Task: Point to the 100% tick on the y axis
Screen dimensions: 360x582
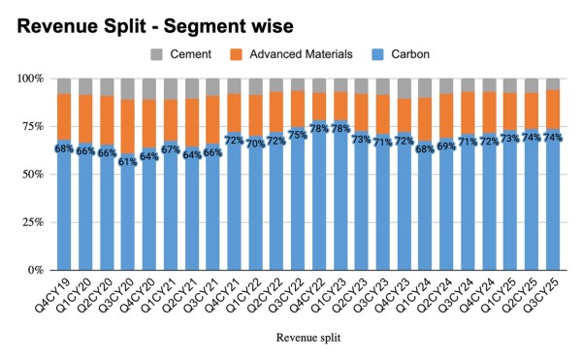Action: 32,78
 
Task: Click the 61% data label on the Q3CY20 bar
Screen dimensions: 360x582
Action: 128,161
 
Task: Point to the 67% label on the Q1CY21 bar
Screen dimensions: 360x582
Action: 171,149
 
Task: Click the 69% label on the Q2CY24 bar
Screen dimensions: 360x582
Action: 446,146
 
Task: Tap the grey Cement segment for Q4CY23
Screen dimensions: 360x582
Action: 404,88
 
